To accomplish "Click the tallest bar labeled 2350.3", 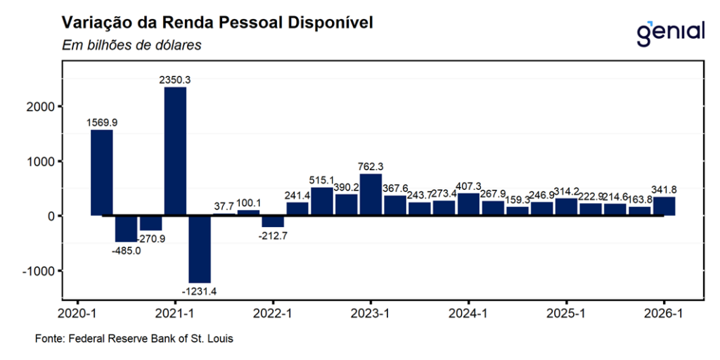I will click(x=175, y=151).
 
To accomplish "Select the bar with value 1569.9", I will click(x=102, y=172).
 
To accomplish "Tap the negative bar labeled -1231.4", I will click(x=200, y=249).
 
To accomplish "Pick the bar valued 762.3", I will click(x=371, y=194).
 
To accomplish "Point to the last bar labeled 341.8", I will click(x=664, y=206).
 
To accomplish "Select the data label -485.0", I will click(x=126, y=250).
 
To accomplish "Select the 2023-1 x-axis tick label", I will click(x=371, y=314).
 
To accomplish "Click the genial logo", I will click(x=669, y=32).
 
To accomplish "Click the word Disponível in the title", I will click(x=326, y=22).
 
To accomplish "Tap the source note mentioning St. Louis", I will click(x=134, y=339).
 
